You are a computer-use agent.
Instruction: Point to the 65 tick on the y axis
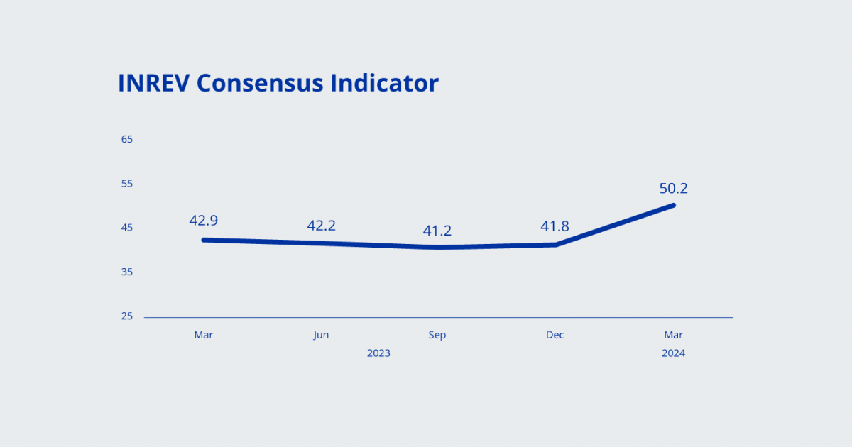pyautogui.click(x=127, y=139)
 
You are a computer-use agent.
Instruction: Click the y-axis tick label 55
pyautogui.click(x=127, y=184)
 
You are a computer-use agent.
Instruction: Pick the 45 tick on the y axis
pyautogui.click(x=127, y=228)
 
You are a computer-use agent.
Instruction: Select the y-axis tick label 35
pyautogui.click(x=127, y=272)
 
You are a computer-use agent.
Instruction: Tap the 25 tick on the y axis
pyautogui.click(x=127, y=316)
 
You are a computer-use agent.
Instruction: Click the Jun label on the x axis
pyautogui.click(x=321, y=335)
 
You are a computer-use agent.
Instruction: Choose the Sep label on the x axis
pyautogui.click(x=437, y=335)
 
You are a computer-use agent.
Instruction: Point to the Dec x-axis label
pyautogui.click(x=555, y=335)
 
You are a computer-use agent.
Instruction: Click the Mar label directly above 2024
pyautogui.click(x=673, y=335)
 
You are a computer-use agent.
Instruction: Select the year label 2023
pyautogui.click(x=378, y=353)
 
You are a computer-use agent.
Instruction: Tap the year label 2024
pyautogui.click(x=673, y=353)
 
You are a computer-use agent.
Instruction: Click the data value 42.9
pyautogui.click(x=203, y=221)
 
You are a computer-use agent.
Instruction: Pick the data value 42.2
pyautogui.click(x=321, y=226)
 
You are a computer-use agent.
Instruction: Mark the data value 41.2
pyautogui.click(x=437, y=231)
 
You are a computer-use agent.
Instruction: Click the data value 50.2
pyautogui.click(x=673, y=189)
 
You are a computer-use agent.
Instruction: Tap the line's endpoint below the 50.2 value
pyautogui.click(x=672, y=206)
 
